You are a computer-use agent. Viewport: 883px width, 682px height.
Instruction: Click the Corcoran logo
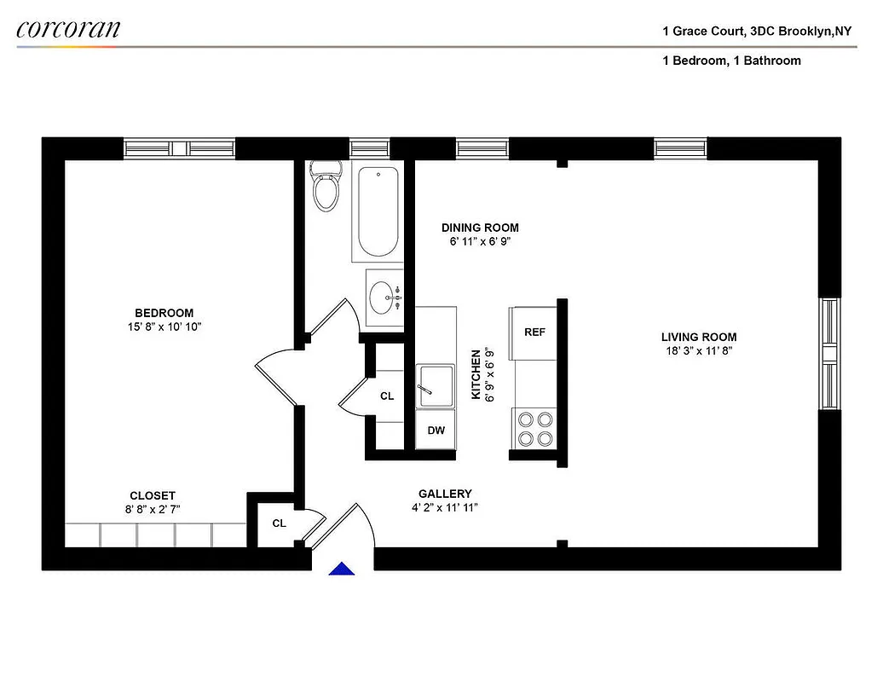pyautogui.click(x=68, y=29)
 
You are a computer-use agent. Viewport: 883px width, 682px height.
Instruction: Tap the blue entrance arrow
pyautogui.click(x=342, y=568)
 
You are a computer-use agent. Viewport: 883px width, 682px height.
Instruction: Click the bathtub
pyautogui.click(x=377, y=213)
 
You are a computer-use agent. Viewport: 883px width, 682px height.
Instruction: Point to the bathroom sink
pyautogui.click(x=384, y=298)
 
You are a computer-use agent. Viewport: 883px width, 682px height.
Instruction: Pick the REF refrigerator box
pyautogui.click(x=534, y=332)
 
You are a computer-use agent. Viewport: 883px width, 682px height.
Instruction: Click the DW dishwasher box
pyautogui.click(x=436, y=431)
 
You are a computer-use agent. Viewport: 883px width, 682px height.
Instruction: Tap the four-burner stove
pyautogui.click(x=534, y=429)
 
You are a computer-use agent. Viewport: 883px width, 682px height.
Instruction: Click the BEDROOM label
pyautogui.click(x=164, y=313)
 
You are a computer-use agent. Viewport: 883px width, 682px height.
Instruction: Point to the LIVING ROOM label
pyautogui.click(x=699, y=337)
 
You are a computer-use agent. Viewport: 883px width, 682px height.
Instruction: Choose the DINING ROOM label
pyautogui.click(x=480, y=228)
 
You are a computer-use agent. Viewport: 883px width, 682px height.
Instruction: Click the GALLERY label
pyautogui.click(x=444, y=494)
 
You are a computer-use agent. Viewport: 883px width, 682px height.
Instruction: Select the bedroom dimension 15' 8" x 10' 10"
pyautogui.click(x=164, y=327)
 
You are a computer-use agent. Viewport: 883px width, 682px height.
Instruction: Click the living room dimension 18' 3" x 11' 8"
pyautogui.click(x=699, y=350)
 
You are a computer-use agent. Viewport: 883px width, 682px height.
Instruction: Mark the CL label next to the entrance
pyautogui.click(x=279, y=523)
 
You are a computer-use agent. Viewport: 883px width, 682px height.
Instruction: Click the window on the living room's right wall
pyautogui.click(x=828, y=354)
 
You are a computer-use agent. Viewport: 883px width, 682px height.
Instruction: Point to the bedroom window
pyautogui.click(x=179, y=148)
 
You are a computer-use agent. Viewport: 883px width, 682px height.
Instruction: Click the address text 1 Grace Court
pyautogui.click(x=704, y=32)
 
